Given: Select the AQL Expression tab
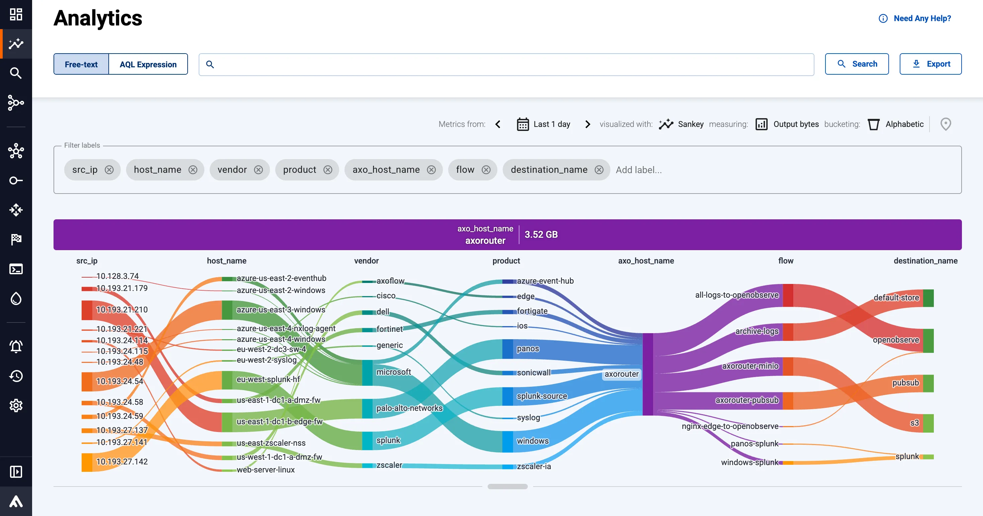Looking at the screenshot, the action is click(148, 64).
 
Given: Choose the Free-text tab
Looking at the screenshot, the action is click(81, 64).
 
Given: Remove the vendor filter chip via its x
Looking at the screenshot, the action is click(258, 170).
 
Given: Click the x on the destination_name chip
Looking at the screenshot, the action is click(599, 170).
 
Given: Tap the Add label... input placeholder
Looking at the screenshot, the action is click(638, 170).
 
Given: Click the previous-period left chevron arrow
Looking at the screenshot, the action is click(498, 124).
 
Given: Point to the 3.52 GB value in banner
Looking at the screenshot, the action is click(541, 234).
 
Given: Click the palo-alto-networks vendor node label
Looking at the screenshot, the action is click(409, 408).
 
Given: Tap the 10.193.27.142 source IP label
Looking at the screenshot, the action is click(122, 461).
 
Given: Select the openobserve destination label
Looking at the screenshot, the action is click(896, 340).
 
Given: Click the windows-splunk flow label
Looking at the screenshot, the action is click(749, 462).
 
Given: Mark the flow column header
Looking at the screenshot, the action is click(786, 261).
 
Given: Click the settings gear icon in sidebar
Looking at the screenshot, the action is click(16, 405).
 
